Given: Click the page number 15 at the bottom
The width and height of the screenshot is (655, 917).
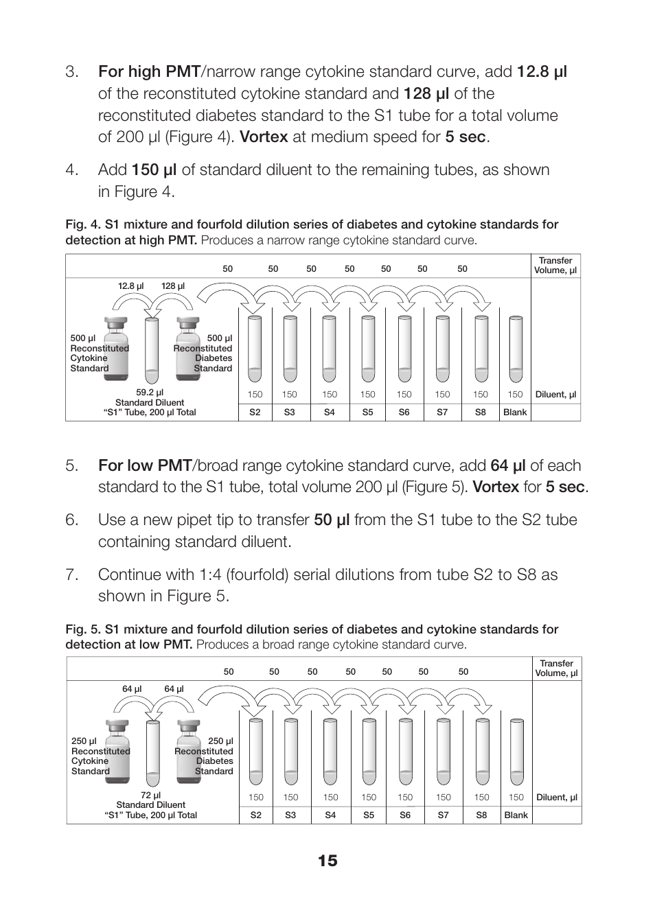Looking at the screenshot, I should click(x=327, y=861).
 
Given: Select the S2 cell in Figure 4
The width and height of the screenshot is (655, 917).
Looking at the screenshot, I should click(x=255, y=413).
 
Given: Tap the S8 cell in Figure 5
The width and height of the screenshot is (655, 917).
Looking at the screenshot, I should click(x=481, y=815).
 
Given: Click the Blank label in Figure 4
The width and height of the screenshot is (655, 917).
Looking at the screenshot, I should click(x=515, y=413).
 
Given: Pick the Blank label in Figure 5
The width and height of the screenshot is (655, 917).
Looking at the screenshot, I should click(x=516, y=815).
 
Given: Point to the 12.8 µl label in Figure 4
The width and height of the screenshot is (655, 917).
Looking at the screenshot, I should click(x=130, y=286).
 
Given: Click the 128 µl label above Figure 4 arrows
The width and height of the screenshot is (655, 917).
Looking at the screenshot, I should click(x=173, y=286).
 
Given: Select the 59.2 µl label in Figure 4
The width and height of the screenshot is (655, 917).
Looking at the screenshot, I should click(x=150, y=393).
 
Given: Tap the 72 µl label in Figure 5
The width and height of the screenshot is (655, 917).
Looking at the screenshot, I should click(x=150, y=796).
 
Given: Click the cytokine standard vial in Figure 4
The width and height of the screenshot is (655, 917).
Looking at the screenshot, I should click(x=115, y=347).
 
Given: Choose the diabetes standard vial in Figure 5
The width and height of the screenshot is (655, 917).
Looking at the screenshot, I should click(x=188, y=750).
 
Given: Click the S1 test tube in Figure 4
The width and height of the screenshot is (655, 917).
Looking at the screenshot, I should click(x=151, y=350).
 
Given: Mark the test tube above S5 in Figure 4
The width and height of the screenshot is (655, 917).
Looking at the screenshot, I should click(x=368, y=347).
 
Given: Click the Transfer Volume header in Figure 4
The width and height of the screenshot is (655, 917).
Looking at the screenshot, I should click(x=555, y=266).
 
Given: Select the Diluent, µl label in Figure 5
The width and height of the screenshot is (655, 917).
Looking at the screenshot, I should click(x=556, y=798).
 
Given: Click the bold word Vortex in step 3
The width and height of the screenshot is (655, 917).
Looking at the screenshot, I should click(x=264, y=137).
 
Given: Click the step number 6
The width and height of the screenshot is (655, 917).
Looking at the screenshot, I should click(x=72, y=520).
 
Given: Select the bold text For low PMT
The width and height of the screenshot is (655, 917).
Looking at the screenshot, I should click(x=144, y=465).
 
